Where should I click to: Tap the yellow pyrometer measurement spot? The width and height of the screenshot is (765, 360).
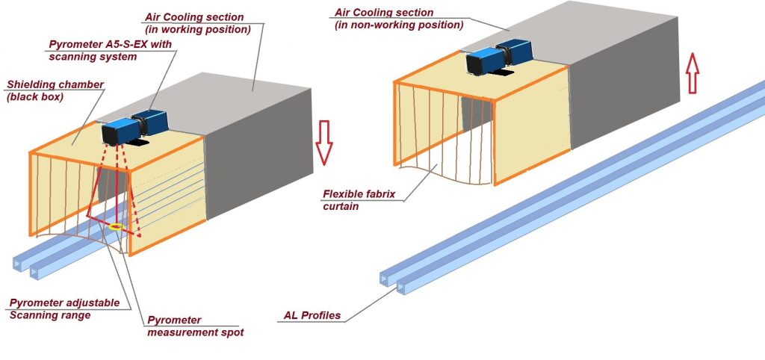coord(115,226)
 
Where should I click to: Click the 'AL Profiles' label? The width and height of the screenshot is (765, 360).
coord(312,315)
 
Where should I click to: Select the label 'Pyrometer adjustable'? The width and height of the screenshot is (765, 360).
coord(64,302)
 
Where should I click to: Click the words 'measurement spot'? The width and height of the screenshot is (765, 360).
coord(196,332)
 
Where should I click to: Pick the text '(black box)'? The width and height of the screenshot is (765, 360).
coord(37,97)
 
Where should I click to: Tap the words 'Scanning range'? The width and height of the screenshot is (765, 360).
coord(49,314)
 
